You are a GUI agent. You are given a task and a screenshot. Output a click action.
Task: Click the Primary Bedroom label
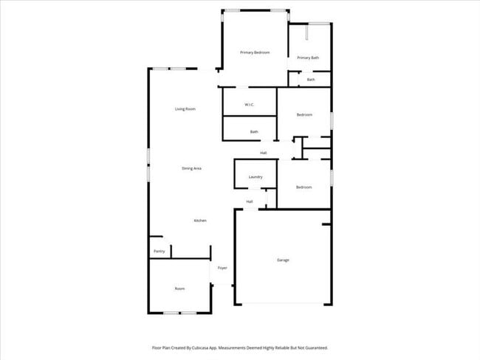[255, 52]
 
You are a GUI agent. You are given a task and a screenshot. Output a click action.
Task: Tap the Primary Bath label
[308, 58]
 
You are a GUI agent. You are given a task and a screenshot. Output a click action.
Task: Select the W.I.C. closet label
[250, 105]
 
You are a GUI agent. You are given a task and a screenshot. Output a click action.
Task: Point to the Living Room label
[185, 109]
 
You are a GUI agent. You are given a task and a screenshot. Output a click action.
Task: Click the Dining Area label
[192, 168]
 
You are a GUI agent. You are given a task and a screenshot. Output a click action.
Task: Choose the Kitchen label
[200, 221]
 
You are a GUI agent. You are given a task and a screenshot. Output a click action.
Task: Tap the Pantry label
[159, 252]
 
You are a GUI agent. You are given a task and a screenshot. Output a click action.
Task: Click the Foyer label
[222, 268]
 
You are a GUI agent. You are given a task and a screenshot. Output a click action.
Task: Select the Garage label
[283, 260]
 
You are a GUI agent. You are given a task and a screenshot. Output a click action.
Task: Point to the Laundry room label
[256, 177]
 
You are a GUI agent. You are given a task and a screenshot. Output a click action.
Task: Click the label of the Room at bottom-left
[179, 288]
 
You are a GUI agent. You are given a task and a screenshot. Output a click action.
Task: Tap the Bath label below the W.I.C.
[254, 132]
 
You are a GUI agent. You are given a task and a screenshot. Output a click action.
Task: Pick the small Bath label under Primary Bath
[311, 80]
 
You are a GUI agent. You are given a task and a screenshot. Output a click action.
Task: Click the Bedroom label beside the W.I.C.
[304, 114]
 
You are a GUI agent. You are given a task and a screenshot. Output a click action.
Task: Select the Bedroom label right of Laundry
[304, 187]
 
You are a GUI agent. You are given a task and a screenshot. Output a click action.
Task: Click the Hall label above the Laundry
[263, 153]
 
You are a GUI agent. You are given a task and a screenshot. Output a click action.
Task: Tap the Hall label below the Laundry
[250, 201]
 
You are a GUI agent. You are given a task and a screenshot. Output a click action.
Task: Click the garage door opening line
[283, 304]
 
